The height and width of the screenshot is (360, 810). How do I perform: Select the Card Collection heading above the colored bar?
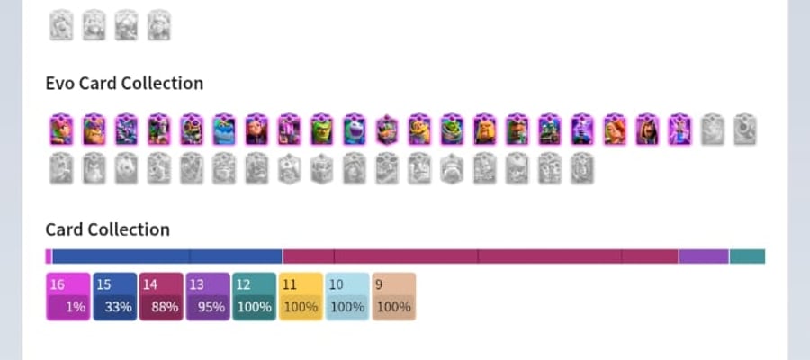(x=107, y=229)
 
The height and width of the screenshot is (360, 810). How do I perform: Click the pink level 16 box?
(x=68, y=296)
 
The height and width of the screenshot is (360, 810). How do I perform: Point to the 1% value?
(x=76, y=307)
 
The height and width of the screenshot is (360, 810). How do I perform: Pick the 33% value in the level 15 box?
(x=119, y=307)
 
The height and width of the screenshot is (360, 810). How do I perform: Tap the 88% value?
(x=166, y=307)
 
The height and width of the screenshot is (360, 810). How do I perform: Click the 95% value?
(x=211, y=307)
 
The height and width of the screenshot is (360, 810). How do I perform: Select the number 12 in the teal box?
(x=243, y=284)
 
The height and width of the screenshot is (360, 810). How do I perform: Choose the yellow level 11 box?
(x=301, y=296)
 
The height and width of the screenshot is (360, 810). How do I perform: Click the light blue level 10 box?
(x=347, y=296)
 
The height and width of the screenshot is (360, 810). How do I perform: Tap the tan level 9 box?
(x=393, y=296)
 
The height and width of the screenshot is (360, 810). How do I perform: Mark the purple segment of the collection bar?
(x=704, y=256)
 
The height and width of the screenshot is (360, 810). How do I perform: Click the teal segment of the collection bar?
(x=747, y=256)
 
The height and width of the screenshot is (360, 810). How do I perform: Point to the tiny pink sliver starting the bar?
(x=49, y=256)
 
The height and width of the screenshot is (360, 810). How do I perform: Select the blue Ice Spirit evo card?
(x=224, y=130)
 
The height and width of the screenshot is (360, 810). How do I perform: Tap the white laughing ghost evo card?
(x=355, y=130)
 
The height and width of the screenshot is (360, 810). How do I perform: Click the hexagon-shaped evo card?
(x=387, y=130)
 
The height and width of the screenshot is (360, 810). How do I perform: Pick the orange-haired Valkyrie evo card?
(x=615, y=130)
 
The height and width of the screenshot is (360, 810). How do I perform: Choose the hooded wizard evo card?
(x=647, y=130)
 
